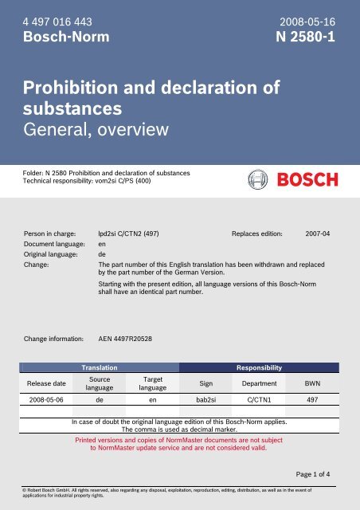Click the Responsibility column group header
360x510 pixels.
260,369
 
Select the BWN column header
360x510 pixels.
313,382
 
